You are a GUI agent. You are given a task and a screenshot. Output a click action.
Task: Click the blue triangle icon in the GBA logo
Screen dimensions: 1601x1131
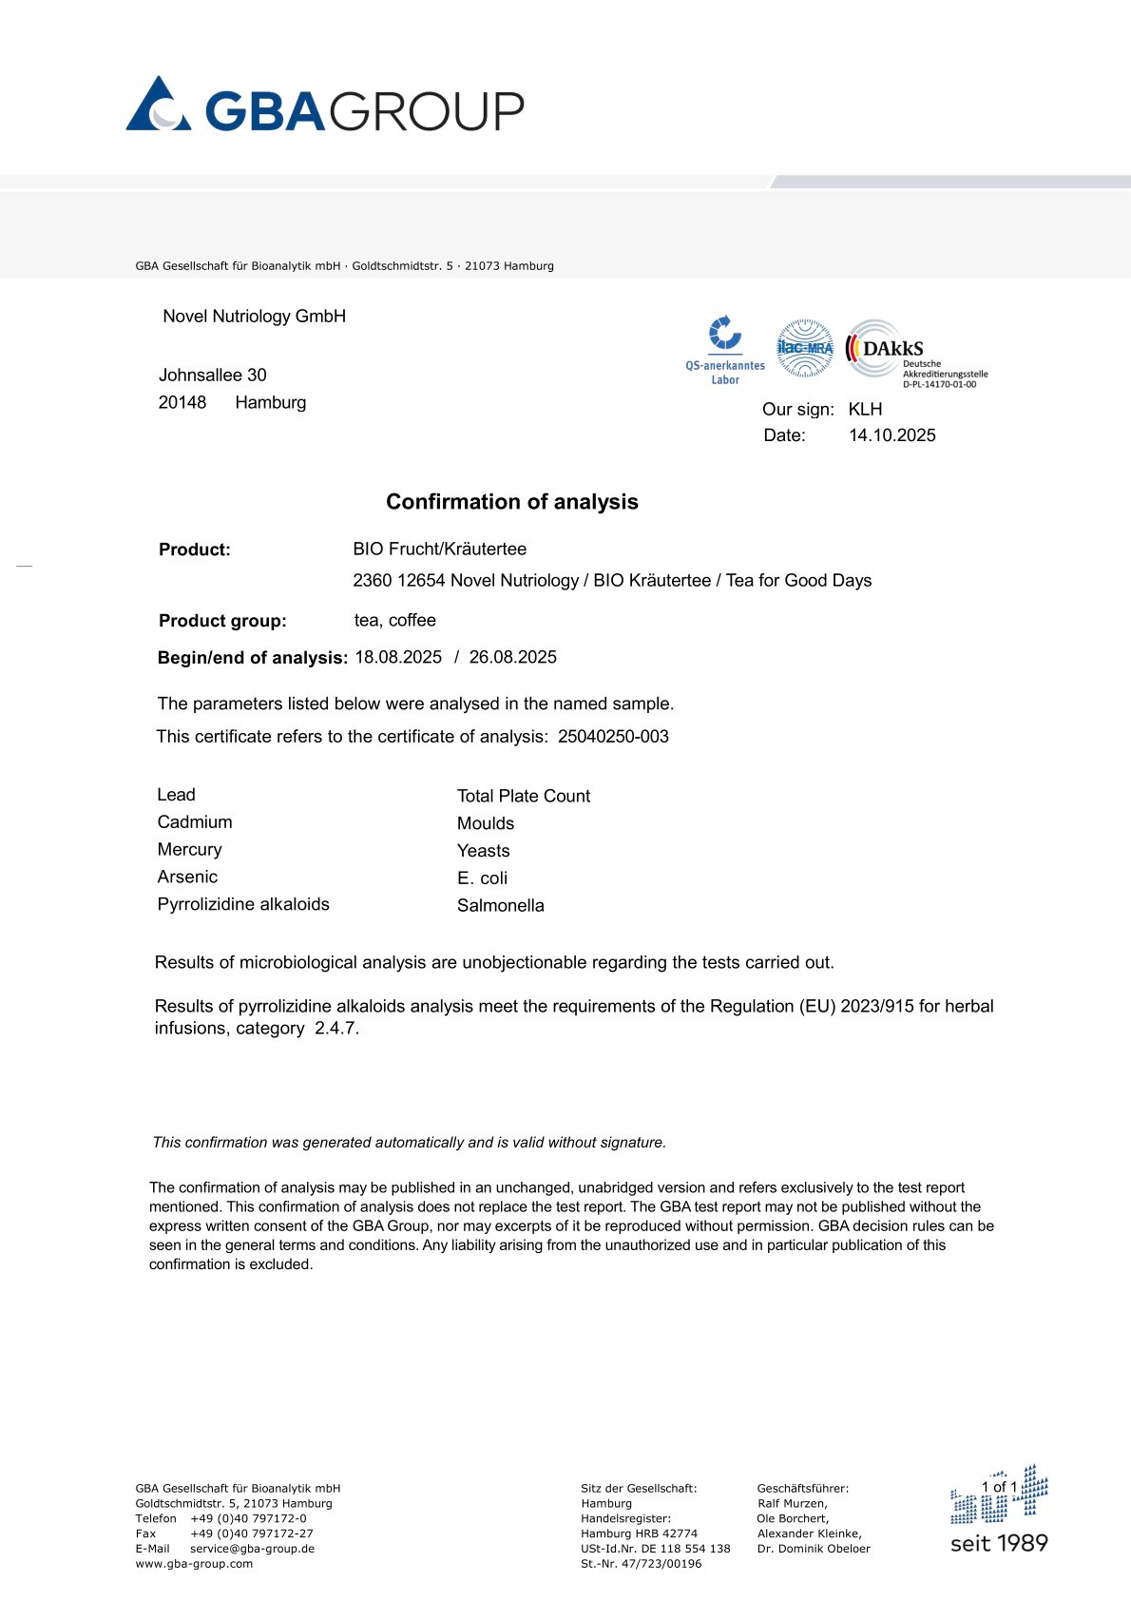click(158, 105)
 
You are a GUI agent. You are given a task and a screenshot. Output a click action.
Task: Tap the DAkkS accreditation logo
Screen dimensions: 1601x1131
click(916, 353)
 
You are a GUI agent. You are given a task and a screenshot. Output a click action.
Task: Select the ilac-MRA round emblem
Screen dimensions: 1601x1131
click(805, 348)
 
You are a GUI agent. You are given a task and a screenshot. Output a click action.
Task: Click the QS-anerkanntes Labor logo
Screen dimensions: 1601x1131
click(725, 350)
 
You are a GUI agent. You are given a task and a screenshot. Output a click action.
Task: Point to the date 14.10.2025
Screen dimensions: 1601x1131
click(891, 435)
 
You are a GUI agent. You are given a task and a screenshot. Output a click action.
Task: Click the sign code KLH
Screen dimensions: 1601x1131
click(865, 410)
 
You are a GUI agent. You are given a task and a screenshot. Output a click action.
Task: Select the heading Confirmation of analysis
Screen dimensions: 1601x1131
click(511, 502)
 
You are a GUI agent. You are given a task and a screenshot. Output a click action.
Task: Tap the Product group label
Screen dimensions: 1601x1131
click(222, 621)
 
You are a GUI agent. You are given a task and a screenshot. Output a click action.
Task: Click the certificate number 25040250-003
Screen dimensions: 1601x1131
click(613, 737)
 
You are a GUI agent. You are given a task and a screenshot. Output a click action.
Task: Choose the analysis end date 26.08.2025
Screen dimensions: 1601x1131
click(512, 658)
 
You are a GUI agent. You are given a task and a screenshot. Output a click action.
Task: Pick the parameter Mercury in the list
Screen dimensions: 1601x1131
click(189, 850)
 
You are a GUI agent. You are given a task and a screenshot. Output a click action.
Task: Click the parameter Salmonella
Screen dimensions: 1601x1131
click(500, 906)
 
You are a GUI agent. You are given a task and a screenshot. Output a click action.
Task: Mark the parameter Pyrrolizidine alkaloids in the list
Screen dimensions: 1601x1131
click(243, 904)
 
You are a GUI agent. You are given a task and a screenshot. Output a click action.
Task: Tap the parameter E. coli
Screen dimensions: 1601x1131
click(482, 878)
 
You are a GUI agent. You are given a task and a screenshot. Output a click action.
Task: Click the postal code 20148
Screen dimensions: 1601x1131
click(182, 403)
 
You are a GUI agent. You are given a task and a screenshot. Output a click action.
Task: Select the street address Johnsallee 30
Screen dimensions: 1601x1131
click(212, 376)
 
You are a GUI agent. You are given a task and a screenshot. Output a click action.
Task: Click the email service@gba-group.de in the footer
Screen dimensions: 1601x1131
click(252, 1549)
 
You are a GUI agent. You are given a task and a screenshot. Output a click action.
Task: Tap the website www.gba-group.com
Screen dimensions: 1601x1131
click(194, 1564)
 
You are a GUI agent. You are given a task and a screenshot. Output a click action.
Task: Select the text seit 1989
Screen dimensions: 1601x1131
click(999, 1544)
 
